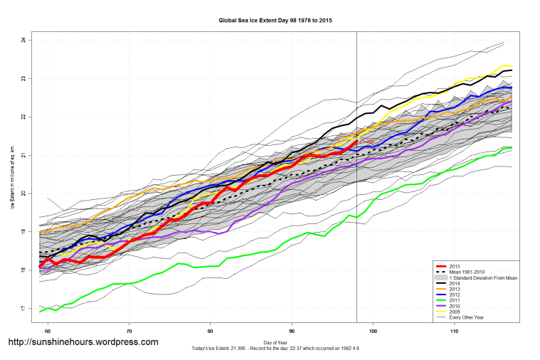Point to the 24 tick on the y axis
23,40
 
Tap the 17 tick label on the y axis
23,308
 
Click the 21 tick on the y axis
23,155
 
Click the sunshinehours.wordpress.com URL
83,342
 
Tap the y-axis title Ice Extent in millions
12,174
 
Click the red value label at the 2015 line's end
366,142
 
